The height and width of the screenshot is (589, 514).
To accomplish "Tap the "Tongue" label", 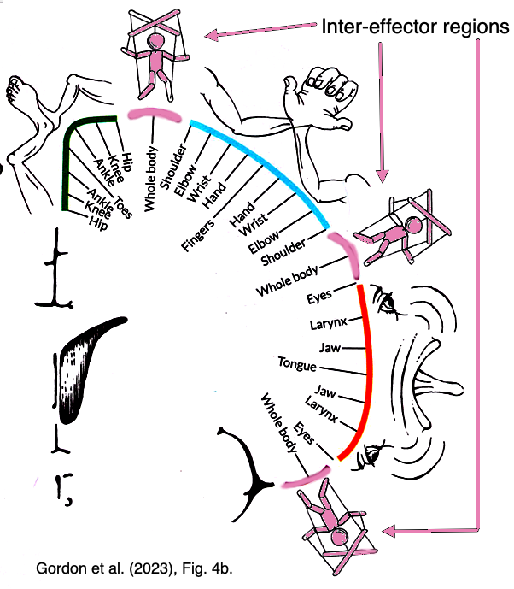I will [x=296, y=366].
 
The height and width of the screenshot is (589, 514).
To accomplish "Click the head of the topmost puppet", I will [x=157, y=41].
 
